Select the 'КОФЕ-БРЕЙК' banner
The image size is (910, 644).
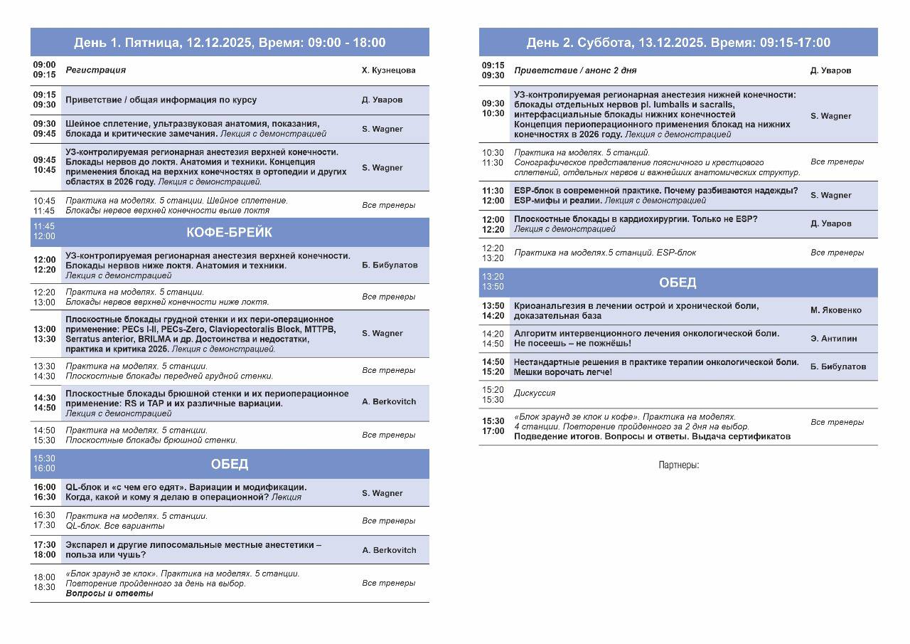point(229,233)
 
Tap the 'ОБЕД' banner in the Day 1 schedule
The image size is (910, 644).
point(229,464)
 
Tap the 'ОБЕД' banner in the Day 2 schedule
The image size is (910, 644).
point(678,283)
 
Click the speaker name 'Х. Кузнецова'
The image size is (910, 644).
point(388,70)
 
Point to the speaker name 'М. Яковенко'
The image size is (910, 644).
point(835,310)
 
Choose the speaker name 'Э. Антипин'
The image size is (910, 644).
point(833,339)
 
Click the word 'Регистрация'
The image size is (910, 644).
point(95,70)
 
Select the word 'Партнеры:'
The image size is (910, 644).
point(678,465)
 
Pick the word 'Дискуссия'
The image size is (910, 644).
point(535,393)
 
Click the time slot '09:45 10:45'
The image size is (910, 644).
point(44,165)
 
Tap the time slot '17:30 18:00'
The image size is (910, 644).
point(44,549)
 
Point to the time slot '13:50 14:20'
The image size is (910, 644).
point(493,310)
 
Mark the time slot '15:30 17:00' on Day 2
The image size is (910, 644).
point(493,426)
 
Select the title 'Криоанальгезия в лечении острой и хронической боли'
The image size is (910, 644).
point(636,306)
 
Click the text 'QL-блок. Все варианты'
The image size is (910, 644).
point(114,526)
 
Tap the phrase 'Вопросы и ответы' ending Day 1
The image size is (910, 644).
point(109,593)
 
